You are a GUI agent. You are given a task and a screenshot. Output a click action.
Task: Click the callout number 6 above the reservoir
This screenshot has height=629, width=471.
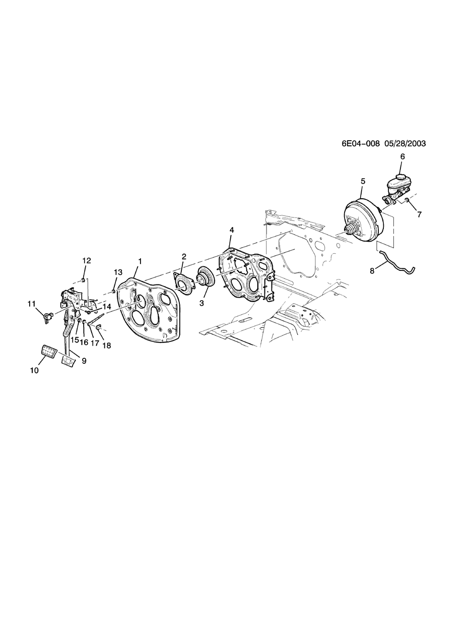[x=402, y=157]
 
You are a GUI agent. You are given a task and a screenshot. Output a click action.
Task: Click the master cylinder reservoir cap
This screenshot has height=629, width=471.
[x=401, y=179]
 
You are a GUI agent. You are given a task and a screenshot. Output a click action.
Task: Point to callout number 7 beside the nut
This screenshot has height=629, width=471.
[x=419, y=214]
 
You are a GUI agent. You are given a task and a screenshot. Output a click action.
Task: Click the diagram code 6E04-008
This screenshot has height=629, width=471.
[x=360, y=143]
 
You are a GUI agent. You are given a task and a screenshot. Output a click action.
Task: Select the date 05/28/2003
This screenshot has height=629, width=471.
[x=405, y=143]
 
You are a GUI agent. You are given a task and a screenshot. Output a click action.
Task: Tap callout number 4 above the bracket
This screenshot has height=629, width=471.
[x=232, y=230]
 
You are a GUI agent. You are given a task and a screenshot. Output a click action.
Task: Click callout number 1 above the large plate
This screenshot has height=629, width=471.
[x=140, y=261]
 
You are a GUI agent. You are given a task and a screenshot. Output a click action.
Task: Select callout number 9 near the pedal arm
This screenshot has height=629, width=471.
[x=84, y=361]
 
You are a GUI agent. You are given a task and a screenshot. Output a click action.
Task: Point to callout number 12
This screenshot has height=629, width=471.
[x=87, y=260]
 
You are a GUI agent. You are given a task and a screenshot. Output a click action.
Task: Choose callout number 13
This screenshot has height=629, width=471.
[x=117, y=272]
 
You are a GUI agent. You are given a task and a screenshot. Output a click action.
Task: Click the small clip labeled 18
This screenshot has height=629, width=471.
[x=99, y=331]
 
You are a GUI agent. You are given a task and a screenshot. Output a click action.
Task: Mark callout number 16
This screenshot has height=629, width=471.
[x=84, y=342]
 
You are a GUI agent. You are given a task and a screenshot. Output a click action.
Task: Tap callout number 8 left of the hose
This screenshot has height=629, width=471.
[x=372, y=271]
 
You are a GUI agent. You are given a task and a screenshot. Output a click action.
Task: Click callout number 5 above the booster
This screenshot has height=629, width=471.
[x=363, y=181]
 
